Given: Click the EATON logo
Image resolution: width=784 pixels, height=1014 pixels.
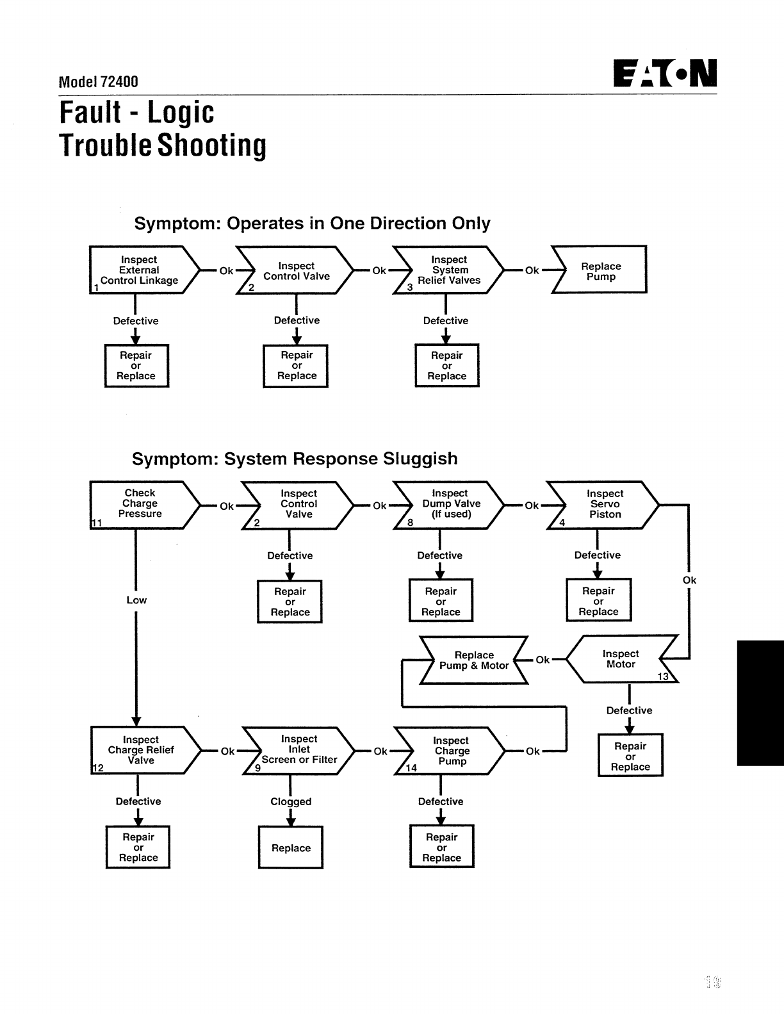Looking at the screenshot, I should point(665,74).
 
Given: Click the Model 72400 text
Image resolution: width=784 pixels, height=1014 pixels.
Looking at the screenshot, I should point(98,81).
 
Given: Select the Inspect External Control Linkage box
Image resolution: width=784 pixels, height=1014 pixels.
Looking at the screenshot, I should point(140,270).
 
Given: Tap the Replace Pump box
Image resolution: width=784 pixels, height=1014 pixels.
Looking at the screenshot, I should point(601,270).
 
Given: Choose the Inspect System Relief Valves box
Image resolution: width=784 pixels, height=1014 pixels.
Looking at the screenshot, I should point(448,270).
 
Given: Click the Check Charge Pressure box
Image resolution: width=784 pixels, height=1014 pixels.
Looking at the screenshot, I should point(140,504).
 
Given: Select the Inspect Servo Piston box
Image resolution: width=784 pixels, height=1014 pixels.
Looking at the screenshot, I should point(605,504).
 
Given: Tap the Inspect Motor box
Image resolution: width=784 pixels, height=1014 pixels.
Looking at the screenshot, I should point(620,659).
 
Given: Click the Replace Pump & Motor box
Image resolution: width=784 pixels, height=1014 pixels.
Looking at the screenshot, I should point(473,660).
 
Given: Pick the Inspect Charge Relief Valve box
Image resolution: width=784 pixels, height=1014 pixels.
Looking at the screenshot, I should point(141,750).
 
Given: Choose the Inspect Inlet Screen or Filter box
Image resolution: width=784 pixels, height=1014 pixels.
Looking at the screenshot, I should point(298,750).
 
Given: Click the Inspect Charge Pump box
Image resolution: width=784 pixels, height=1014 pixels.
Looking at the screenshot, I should point(451,751).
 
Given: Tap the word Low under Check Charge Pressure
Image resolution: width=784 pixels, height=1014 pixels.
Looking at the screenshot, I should point(136,600).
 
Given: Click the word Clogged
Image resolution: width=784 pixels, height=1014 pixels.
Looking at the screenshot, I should point(291,801).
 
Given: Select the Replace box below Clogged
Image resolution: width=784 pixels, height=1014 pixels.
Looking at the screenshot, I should point(291,847).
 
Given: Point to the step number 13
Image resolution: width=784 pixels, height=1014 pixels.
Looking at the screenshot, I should point(663,676).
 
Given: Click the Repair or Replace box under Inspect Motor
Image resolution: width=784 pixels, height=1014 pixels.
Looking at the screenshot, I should point(630,756).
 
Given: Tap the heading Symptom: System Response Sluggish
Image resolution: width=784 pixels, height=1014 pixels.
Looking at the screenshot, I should point(295,459).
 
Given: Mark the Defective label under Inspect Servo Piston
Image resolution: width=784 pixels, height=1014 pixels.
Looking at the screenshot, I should point(597,555).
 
